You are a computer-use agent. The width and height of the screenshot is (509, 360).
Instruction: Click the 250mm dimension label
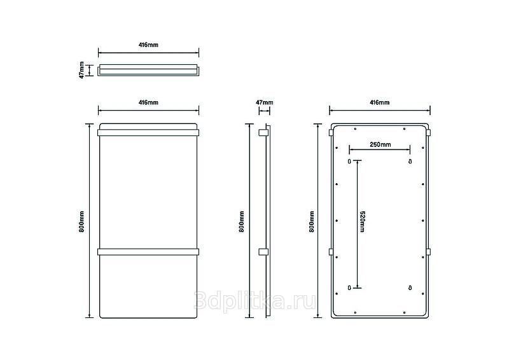[380, 145]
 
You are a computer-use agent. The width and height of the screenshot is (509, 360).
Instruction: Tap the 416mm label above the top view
[148, 45]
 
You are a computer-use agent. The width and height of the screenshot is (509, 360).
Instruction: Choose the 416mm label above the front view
[148, 102]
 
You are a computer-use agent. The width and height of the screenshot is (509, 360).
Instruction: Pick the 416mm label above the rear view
[379, 102]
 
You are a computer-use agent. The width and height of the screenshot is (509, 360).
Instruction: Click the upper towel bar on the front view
[148, 133]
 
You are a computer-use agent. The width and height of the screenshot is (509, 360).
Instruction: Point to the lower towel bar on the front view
[148, 251]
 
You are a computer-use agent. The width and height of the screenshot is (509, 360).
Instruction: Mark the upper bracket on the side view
[261, 133]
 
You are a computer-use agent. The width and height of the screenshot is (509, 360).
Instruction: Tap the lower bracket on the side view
[261, 251]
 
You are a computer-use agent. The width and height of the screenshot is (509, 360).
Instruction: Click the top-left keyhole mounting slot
[349, 162]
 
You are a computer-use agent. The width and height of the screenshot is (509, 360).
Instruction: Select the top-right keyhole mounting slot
[410, 162]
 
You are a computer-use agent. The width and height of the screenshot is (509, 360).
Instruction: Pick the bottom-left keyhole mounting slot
[349, 288]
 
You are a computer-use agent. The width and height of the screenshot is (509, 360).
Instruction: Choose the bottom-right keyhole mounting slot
[410, 288]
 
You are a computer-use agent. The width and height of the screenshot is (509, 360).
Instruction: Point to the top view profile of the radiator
[148, 69]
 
